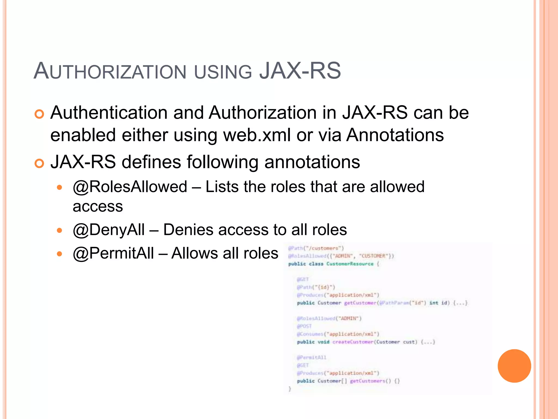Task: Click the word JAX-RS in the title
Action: point(300,71)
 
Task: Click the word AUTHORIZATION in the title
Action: point(110,71)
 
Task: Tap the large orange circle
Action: point(514,366)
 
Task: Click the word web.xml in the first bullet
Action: point(257,135)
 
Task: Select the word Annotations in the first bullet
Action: point(395,135)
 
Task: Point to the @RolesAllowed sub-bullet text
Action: point(130,187)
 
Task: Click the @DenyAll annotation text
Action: point(109,230)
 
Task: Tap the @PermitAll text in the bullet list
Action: point(113,253)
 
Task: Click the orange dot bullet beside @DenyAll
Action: point(60,231)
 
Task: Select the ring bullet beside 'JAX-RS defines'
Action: point(40,163)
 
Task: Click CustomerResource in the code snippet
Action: point(350,264)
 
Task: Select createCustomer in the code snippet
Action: point(353,342)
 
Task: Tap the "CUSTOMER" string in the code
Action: point(375,256)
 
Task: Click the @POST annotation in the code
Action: point(304,326)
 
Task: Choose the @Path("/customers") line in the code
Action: point(316,248)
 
